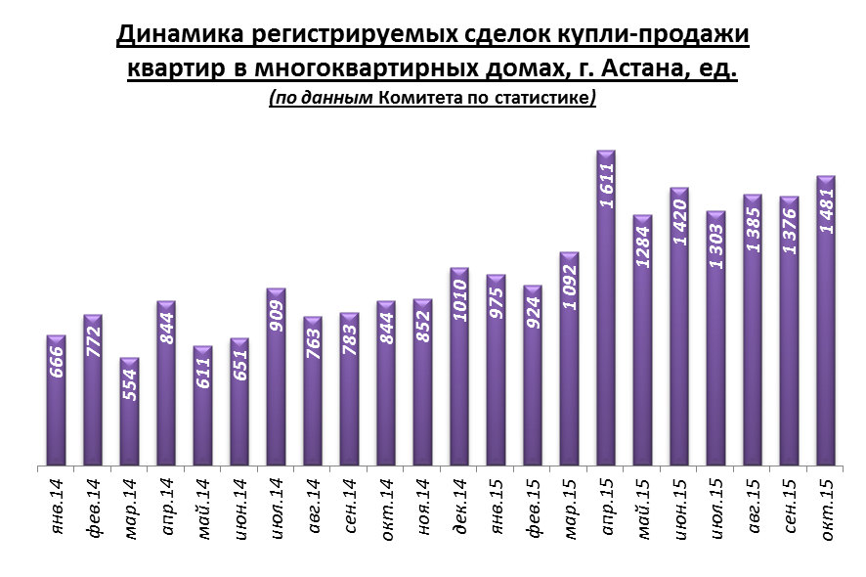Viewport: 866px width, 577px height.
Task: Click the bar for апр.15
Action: click(606, 313)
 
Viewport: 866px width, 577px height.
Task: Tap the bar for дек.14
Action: click(459, 372)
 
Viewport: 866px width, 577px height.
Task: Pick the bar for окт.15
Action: click(826, 323)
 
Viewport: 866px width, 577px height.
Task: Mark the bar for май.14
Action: click(203, 406)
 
